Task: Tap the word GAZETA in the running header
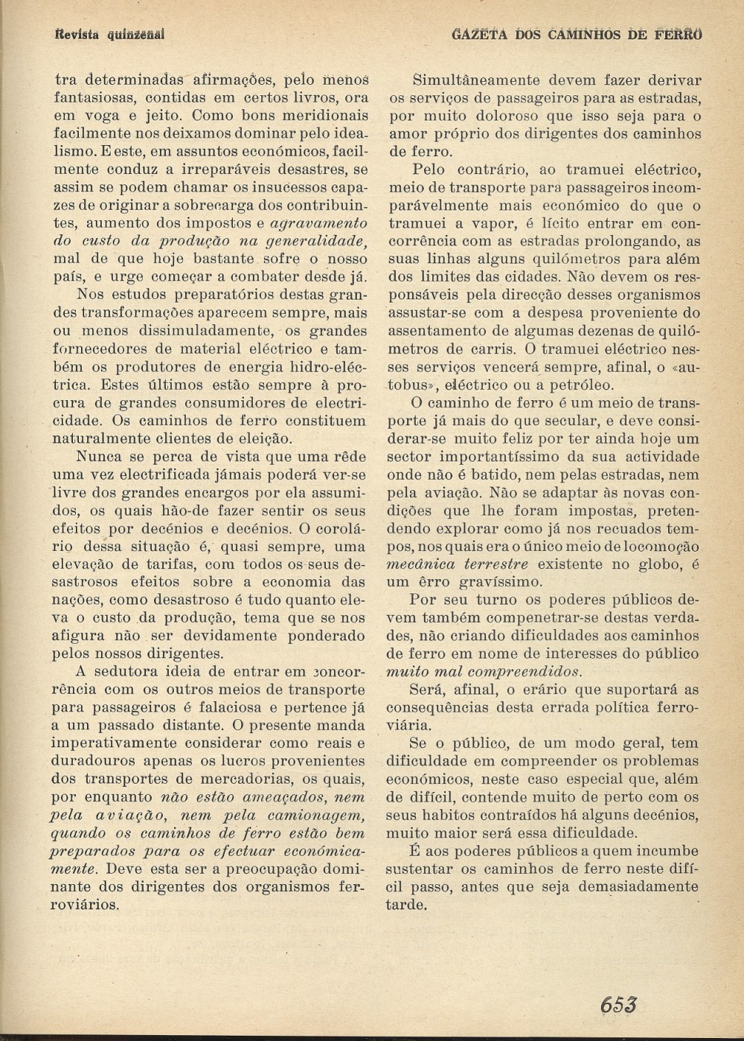478,34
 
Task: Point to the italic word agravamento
318,223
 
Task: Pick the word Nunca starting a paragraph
101,457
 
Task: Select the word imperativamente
114,743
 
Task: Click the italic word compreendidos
524,671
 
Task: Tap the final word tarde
406,904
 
